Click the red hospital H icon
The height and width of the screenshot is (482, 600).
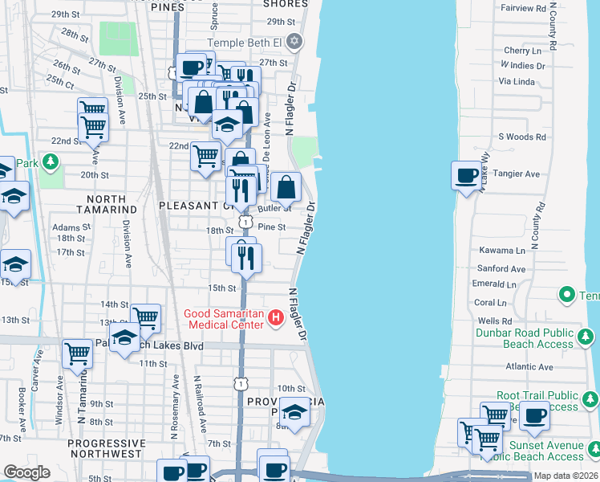[x=276, y=319]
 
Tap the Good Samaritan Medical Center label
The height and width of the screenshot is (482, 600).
[x=223, y=319]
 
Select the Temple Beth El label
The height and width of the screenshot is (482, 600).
[x=246, y=42]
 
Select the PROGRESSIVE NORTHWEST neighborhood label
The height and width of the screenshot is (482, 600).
[x=106, y=449]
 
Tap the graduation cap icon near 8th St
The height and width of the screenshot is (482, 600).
[x=295, y=413]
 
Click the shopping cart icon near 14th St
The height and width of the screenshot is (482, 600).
[x=145, y=318]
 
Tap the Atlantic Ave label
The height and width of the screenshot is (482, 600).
[x=529, y=366]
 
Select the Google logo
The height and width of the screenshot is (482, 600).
[x=26, y=472]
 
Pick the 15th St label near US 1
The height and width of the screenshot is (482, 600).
[x=222, y=288]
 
